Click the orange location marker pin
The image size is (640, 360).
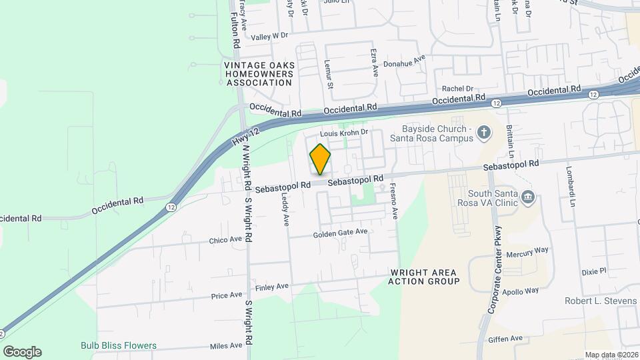[x=320, y=159]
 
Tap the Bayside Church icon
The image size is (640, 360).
[x=485, y=133]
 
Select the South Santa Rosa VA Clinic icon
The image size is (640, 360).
[x=528, y=197]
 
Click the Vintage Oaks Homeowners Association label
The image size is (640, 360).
[x=259, y=74]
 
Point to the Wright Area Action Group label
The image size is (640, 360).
[x=423, y=277]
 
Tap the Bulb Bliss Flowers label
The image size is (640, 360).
[x=119, y=345]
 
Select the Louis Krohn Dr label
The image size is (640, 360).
[x=345, y=133]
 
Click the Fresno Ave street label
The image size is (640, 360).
[x=393, y=201]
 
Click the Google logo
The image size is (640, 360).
[x=22, y=352]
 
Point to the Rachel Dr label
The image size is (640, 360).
[x=457, y=88]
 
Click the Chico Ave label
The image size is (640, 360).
[x=225, y=240]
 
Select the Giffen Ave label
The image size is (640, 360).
[x=505, y=339]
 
